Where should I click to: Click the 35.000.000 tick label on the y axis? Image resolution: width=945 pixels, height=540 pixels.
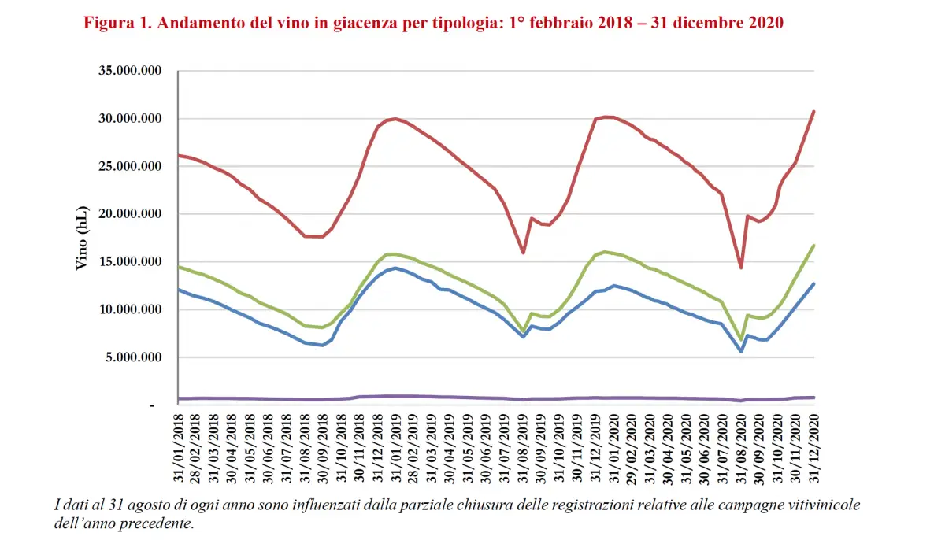tap(129, 71)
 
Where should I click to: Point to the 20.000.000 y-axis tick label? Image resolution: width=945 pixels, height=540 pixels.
tap(129, 214)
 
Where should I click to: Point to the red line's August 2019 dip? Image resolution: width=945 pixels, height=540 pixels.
tap(523, 253)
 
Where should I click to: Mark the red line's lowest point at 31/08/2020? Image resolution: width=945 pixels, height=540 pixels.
tap(741, 268)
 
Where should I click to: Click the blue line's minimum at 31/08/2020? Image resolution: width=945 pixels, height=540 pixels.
tap(741, 351)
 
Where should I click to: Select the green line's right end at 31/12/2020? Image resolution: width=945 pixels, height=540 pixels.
tap(813, 246)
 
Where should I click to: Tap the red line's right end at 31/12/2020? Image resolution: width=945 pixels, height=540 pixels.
tap(813, 112)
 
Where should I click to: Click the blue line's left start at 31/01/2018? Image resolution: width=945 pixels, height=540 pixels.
tap(180, 290)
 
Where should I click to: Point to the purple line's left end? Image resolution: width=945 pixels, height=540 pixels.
tap(180, 398)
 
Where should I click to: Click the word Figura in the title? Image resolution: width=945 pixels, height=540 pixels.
tap(108, 23)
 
